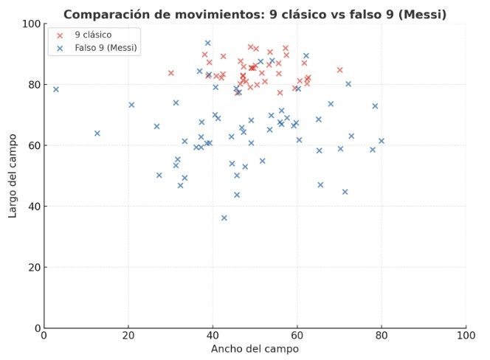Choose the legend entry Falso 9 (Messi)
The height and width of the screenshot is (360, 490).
click(x=106, y=47)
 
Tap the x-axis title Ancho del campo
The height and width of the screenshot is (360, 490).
click(x=255, y=348)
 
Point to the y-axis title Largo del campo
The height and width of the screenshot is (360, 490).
click(x=13, y=176)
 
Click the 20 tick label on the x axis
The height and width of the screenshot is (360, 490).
click(x=128, y=336)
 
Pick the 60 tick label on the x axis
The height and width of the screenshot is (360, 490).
click(x=297, y=336)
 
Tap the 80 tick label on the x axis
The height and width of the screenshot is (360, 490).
click(x=382, y=336)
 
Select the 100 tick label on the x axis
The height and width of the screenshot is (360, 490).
click(x=466, y=336)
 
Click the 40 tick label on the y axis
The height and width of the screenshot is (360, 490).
click(x=32, y=207)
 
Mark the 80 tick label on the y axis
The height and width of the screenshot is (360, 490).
click(x=32, y=85)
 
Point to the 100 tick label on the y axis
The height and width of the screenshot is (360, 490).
click(x=30, y=24)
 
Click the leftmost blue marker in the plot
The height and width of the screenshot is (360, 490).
click(x=55, y=89)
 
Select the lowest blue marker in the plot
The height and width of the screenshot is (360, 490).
click(x=224, y=218)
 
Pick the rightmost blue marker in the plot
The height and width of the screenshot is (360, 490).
click(x=382, y=141)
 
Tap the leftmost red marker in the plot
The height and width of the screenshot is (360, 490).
click(x=171, y=73)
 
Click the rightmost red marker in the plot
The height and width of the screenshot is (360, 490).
click(x=340, y=70)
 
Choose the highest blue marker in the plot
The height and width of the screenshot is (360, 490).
click(x=207, y=43)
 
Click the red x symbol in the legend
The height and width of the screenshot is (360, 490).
click(x=60, y=35)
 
